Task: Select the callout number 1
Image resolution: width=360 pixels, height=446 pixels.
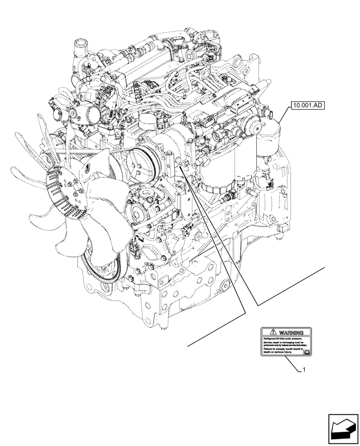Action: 303,370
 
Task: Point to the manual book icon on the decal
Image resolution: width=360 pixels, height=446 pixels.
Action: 306,352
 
